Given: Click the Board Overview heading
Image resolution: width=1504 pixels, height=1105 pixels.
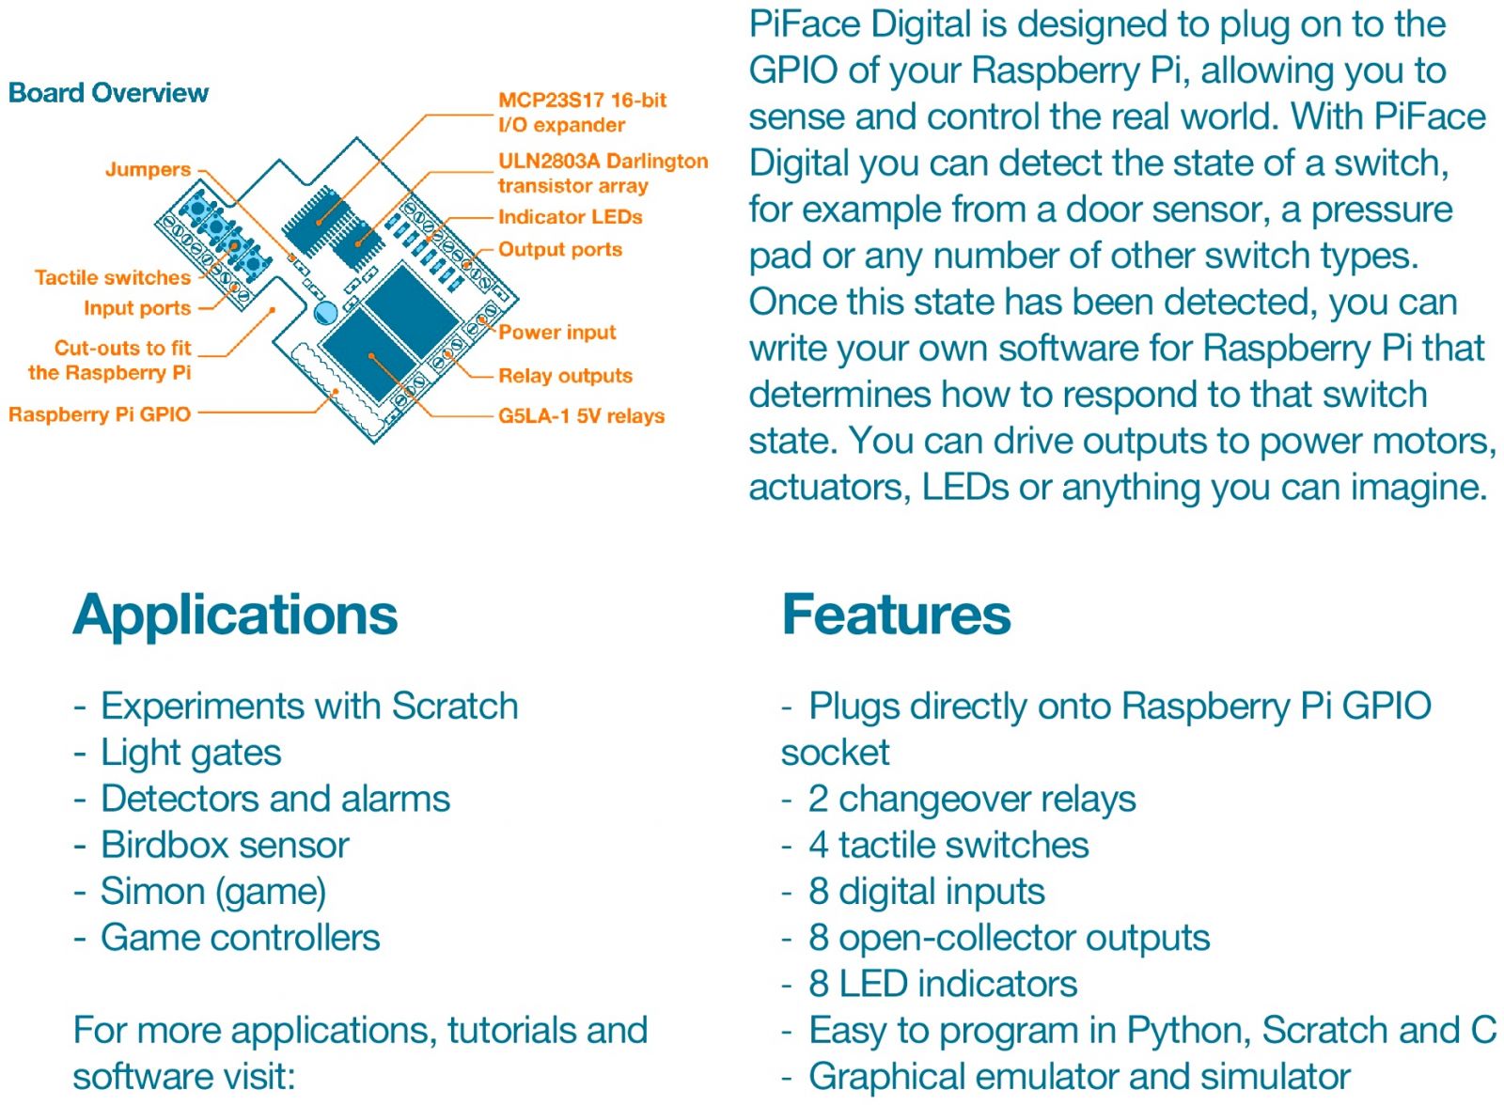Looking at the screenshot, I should [x=108, y=93].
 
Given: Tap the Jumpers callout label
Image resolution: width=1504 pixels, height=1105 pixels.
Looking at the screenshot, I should [x=148, y=170].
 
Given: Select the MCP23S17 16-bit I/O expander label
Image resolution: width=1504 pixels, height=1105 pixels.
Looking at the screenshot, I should [x=581, y=113].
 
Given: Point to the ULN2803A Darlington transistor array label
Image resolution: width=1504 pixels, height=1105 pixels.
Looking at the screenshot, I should [x=602, y=173].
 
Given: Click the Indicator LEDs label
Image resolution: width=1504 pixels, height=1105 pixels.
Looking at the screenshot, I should [x=570, y=217].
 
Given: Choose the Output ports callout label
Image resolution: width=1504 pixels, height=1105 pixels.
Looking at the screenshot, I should [x=559, y=250].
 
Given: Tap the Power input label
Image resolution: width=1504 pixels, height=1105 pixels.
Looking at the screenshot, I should [x=556, y=333].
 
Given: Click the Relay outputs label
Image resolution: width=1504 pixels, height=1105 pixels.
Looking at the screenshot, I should [x=565, y=376].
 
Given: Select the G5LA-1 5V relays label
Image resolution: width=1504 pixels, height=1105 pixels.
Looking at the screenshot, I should [x=581, y=416].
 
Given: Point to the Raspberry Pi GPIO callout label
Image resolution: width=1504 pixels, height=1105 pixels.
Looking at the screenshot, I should [x=100, y=414].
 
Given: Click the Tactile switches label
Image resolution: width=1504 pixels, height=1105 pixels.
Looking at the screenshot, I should [x=113, y=278].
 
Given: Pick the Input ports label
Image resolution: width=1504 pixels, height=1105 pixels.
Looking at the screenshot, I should [x=137, y=308].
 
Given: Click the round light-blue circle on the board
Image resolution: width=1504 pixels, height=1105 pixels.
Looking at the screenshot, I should [x=325, y=313].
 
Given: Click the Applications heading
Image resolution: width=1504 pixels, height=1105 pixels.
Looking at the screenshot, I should [x=235, y=615].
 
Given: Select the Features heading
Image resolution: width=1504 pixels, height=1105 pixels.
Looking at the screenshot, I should [x=896, y=615].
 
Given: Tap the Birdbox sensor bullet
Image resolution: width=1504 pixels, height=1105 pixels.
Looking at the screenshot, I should [x=225, y=845].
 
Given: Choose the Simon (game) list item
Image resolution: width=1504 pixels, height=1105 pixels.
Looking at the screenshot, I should [x=213, y=891].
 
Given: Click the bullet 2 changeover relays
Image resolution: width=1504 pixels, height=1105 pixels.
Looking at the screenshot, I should [x=971, y=799].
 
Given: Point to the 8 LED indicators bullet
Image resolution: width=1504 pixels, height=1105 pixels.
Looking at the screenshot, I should [x=942, y=984].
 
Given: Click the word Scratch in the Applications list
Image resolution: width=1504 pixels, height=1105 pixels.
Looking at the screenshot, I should [x=455, y=707].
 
